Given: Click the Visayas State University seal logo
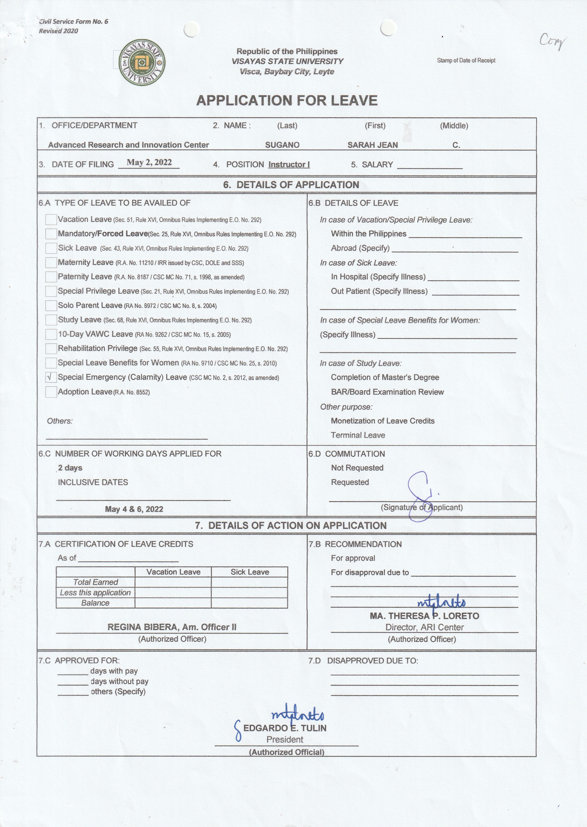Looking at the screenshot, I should [142, 63].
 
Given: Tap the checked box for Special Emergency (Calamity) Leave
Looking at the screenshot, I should [51, 378].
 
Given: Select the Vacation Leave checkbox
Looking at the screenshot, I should [51, 220].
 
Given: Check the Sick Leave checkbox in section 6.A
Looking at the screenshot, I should [51, 248].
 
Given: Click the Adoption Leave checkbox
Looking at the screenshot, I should [51, 392].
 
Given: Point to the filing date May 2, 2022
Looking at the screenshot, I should [149, 162].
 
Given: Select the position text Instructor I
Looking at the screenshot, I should [289, 165].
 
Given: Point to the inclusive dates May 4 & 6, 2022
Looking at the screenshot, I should [134, 509].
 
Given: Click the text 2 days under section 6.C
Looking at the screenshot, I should [70, 468].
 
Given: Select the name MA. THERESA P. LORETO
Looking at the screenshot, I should [424, 616].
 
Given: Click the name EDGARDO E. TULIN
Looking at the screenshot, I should [285, 728].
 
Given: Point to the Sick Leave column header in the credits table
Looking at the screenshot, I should [249, 572].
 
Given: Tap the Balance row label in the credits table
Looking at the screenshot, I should [95, 603].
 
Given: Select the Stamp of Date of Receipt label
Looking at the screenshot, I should [466, 60].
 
